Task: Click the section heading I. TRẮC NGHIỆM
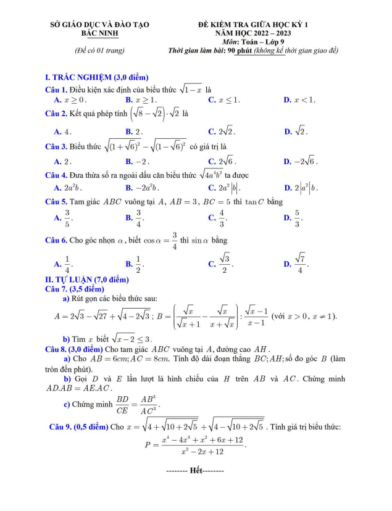[x=97, y=77]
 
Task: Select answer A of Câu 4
[x=68, y=188]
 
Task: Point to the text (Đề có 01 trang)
[x=99, y=50]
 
